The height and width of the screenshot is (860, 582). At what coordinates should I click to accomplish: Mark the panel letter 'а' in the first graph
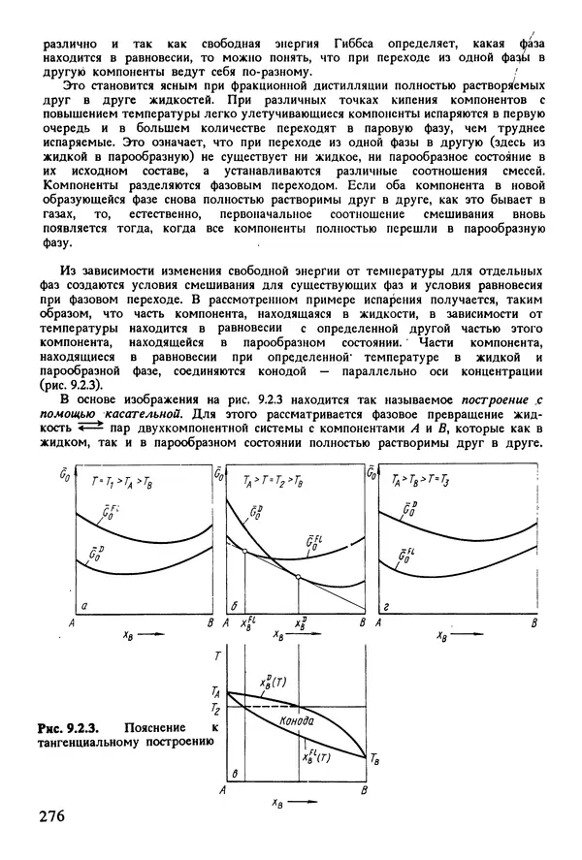tap(86, 607)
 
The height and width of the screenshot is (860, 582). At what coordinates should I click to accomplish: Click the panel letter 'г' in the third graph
tap(387, 608)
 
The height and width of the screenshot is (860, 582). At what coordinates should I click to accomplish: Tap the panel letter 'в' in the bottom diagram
tap(236, 774)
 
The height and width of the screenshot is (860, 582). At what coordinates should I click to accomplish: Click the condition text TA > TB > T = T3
tap(423, 480)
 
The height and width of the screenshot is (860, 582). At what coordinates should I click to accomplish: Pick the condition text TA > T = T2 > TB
tap(271, 480)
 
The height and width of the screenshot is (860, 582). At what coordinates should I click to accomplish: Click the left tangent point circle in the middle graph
tap(243, 551)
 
